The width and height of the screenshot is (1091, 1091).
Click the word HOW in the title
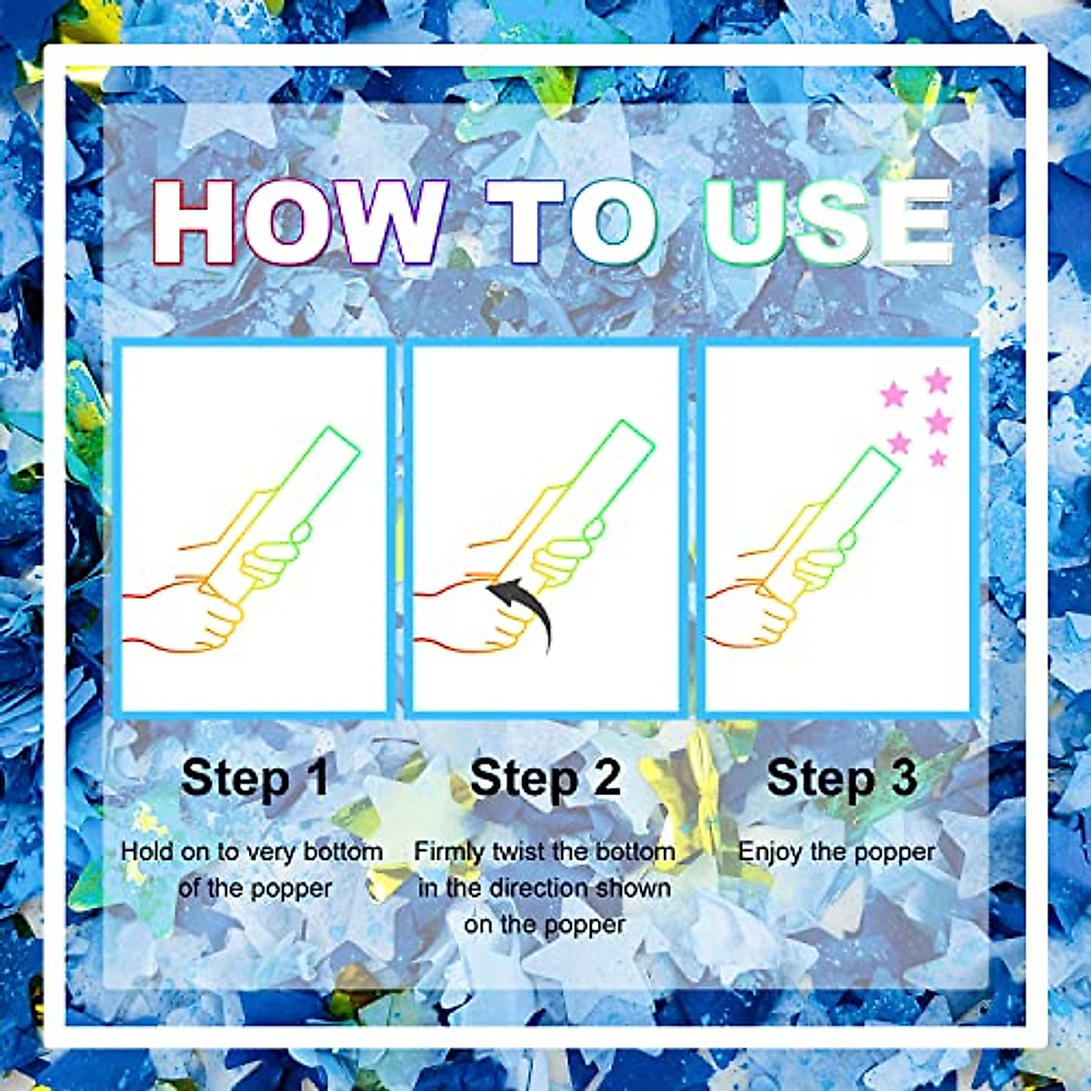[300, 223]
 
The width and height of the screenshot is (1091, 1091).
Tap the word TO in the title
[574, 223]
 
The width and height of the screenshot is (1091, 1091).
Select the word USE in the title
[827, 223]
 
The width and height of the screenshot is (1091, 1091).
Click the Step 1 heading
[255, 778]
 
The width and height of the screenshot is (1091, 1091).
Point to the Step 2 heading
[545, 778]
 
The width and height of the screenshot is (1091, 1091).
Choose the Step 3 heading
[842, 778]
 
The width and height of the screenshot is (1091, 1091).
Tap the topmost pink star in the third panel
[937, 380]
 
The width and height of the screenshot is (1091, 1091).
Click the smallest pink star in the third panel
[938, 458]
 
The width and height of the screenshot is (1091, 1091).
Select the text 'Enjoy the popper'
[836, 853]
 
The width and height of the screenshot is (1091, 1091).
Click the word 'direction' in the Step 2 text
[545, 888]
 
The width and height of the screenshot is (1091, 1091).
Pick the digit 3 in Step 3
[902, 778]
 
